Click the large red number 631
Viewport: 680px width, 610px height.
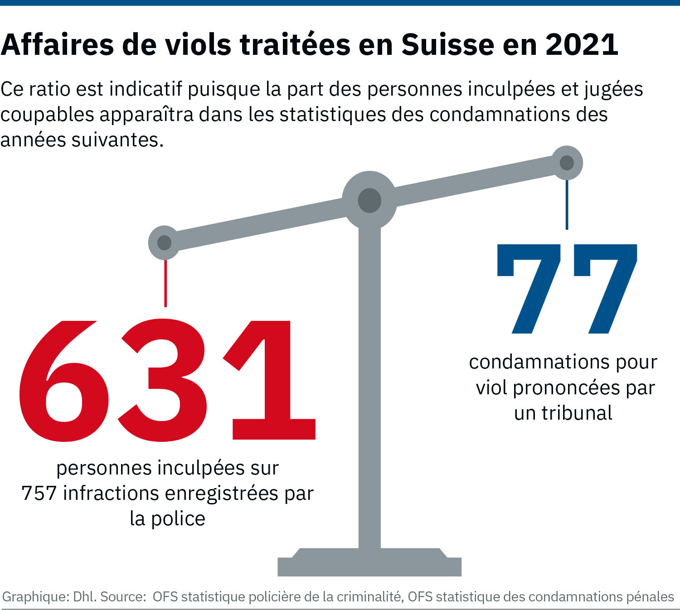point(167,381)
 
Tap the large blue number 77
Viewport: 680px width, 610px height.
point(567,289)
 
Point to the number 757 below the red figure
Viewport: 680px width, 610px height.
point(39,494)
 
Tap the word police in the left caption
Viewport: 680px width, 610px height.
point(178,519)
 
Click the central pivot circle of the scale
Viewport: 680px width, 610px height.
point(369,200)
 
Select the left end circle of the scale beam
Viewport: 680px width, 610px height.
point(164,242)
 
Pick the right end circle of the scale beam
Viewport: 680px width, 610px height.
point(567,163)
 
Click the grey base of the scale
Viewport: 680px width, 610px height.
point(369,564)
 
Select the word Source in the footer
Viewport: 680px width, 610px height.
point(121,597)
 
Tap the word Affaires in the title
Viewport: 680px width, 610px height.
point(57,45)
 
